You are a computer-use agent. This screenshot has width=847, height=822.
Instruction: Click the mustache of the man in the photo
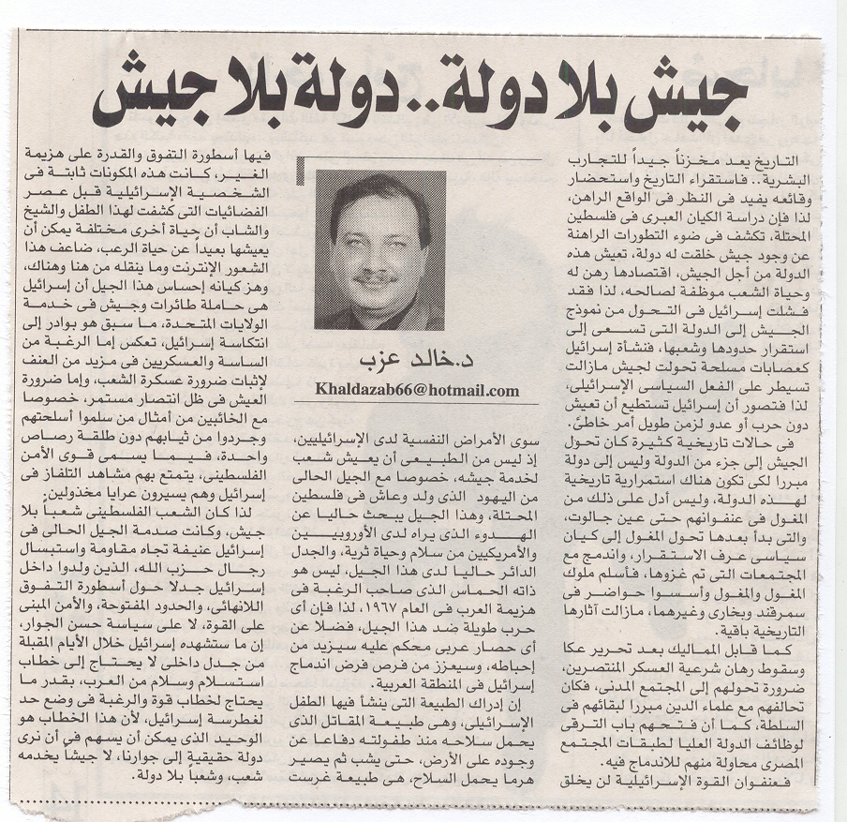[x=376, y=276]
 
